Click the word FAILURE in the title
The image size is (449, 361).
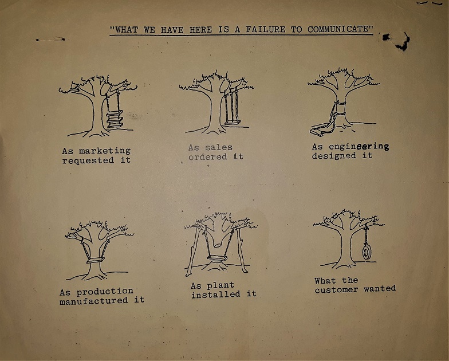point(266,30)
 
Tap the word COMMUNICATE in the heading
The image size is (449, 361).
point(340,29)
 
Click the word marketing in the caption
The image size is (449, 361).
point(105,151)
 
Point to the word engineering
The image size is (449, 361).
point(359,147)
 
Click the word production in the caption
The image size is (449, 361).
point(105,292)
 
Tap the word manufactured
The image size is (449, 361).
point(94,300)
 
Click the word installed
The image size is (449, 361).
point(215,295)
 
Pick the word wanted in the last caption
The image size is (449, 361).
point(380,289)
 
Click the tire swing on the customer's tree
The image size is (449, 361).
point(367,252)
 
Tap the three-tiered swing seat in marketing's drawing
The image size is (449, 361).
point(115,119)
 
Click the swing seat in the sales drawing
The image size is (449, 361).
point(233,123)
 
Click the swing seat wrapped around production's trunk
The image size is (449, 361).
point(95,260)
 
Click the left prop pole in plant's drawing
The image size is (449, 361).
point(193,251)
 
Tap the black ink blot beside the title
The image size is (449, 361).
point(397,41)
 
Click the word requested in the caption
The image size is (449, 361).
point(88,160)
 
